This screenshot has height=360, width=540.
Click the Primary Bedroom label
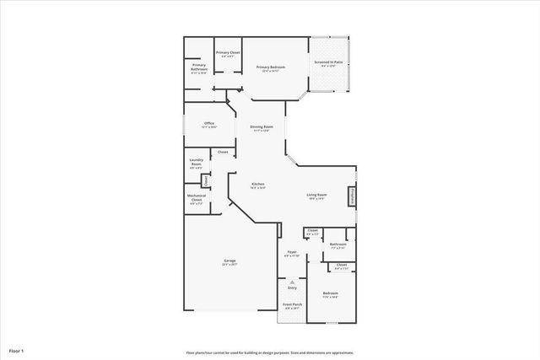click(269, 67)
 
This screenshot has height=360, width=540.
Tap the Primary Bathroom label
click(199, 67)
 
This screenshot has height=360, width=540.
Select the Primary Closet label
click(228, 53)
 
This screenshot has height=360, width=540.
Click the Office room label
click(208, 124)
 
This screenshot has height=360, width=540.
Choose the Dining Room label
click(261, 127)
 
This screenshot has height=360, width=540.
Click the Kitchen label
click(258, 185)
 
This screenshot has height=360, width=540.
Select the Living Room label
click(316, 196)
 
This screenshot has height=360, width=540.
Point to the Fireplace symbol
click(352, 196)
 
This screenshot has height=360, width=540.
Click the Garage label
click(229, 261)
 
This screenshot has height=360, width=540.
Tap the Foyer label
click(292, 252)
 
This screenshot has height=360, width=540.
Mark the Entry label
click(292, 287)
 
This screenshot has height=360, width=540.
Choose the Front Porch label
click(292, 307)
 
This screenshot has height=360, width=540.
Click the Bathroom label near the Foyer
click(338, 245)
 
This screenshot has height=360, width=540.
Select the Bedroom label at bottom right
click(330, 294)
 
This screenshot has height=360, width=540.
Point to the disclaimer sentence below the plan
click(270, 352)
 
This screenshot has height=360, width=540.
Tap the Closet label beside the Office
click(223, 152)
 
